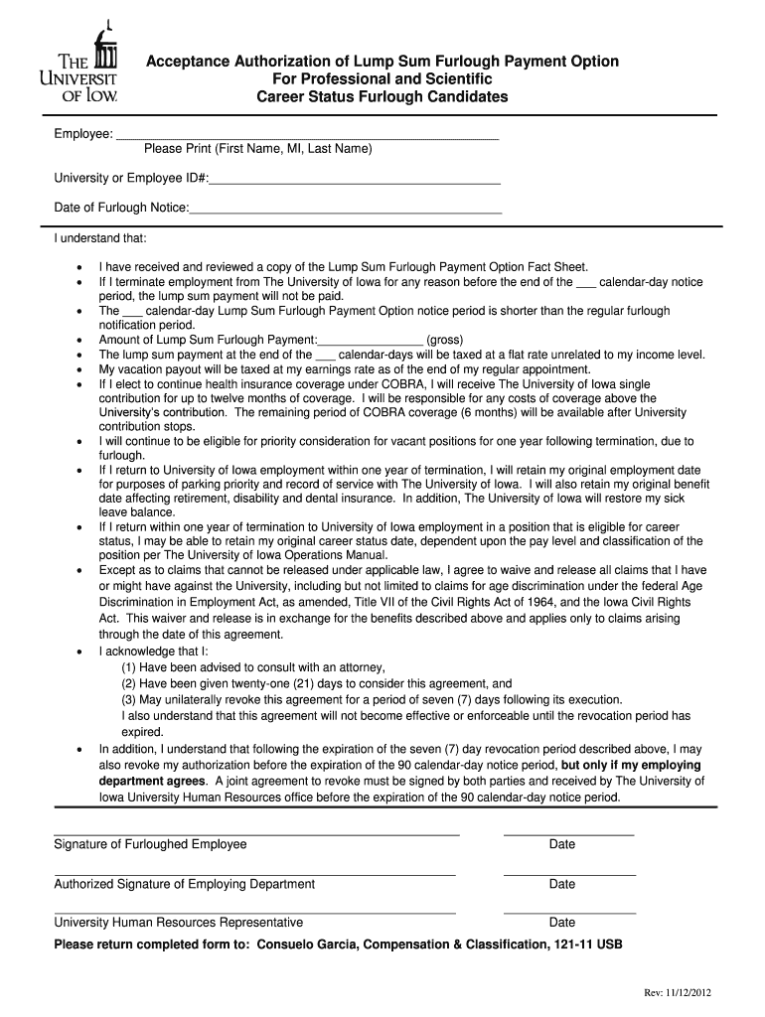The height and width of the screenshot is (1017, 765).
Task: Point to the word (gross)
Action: (444, 340)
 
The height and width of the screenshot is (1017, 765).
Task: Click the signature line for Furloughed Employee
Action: (256, 834)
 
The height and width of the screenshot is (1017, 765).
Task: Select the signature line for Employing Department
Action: (254, 874)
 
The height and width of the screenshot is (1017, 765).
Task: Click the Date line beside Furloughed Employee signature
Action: (568, 834)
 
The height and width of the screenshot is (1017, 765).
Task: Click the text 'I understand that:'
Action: (100, 238)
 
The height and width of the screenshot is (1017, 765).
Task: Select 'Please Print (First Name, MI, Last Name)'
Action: (257, 149)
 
